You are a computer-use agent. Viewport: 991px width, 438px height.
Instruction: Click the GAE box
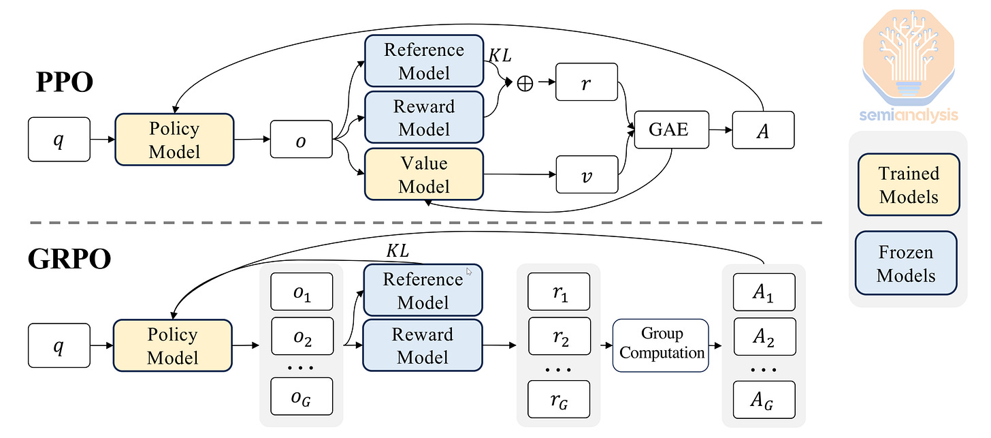671,129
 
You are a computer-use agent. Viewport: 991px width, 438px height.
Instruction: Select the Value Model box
424,174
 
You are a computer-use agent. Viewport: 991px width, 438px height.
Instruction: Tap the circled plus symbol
525,83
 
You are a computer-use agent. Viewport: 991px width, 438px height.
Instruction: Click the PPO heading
65,82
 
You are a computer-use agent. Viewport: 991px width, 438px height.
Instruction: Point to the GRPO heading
69,259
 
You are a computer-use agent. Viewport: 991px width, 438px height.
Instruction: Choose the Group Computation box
660,345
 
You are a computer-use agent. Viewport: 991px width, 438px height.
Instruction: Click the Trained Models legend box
909,185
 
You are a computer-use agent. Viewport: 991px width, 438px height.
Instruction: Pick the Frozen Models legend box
906,263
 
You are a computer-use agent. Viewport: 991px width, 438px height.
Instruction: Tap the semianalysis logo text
908,115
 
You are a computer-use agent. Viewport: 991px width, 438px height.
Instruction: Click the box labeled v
587,174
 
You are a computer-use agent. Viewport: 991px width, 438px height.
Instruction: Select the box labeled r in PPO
586,82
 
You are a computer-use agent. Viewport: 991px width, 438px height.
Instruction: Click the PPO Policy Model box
174,140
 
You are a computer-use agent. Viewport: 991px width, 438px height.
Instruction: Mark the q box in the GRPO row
59,345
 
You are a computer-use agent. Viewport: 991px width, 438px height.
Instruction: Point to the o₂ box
302,336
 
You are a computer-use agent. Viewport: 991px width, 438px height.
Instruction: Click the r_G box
559,399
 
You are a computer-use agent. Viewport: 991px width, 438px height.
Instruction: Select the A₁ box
764,292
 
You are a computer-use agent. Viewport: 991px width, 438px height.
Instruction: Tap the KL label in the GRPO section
397,251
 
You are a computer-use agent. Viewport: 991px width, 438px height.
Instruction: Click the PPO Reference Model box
424,61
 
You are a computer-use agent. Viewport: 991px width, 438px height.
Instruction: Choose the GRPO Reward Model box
423,345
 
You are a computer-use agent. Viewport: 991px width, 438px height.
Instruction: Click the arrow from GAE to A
720,129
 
